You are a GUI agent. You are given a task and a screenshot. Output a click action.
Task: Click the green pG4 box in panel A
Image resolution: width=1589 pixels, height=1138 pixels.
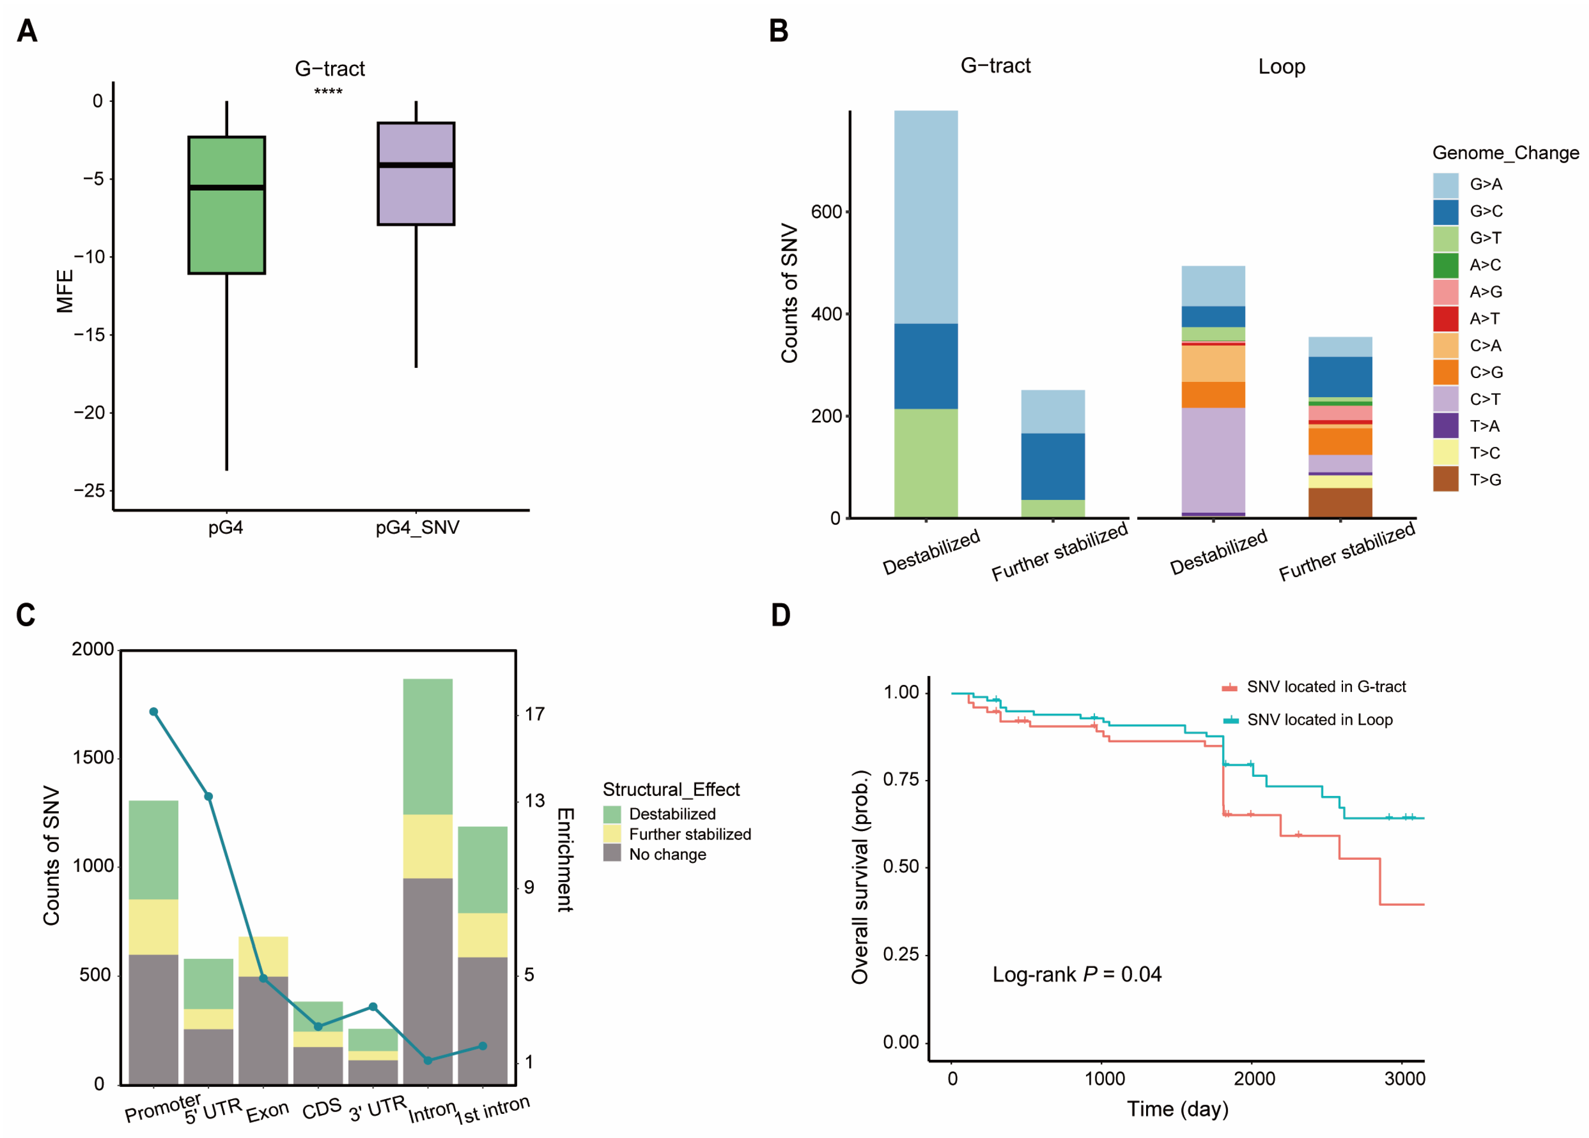pos(226,204)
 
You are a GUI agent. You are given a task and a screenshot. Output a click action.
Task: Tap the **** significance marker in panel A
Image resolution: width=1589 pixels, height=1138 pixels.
pos(328,92)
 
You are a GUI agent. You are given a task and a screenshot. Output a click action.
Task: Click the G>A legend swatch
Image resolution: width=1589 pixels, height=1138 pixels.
pos(1445,185)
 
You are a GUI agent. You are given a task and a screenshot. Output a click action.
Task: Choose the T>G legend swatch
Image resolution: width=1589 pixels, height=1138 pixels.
pos(1445,479)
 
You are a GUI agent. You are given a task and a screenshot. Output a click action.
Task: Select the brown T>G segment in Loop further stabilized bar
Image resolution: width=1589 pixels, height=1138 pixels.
pos(1340,503)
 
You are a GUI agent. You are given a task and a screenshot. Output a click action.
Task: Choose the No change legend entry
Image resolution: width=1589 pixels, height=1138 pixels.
pos(667,854)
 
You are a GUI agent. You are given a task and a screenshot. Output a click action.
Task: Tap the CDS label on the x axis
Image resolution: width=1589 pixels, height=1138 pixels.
pos(322,1108)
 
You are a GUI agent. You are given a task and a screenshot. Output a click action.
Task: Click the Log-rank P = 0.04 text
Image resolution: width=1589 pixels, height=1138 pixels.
pos(1077,974)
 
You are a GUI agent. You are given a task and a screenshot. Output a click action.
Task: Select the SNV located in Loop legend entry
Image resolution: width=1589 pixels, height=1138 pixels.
pos(1319,720)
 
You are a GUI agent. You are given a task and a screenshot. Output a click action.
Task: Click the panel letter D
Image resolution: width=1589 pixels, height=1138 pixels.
pos(780,615)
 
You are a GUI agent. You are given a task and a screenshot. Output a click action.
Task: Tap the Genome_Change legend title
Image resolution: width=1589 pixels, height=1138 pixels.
pos(1505,153)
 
